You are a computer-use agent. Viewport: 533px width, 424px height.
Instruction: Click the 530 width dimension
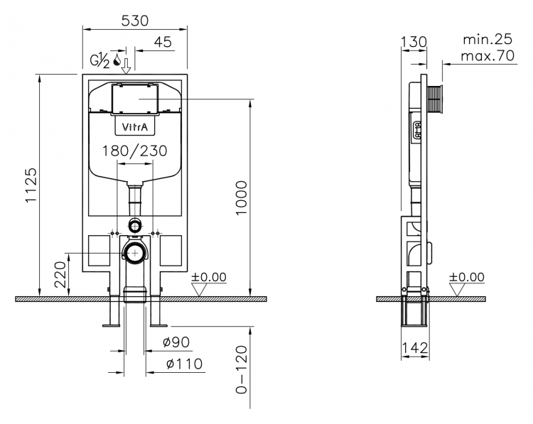click(135, 21)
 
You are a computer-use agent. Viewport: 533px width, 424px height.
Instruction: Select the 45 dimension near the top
click(163, 42)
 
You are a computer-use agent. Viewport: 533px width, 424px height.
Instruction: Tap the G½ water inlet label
click(99, 61)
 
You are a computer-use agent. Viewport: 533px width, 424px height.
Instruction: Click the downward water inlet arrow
click(126, 66)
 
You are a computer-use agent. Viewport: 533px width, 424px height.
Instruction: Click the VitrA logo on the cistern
click(135, 127)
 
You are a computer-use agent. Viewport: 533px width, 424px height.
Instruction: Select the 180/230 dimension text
click(135, 151)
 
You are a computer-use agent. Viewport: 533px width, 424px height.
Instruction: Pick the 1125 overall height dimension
click(31, 185)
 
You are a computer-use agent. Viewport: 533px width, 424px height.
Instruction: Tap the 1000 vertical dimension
click(242, 198)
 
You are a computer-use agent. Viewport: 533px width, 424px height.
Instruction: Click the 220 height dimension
click(60, 275)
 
